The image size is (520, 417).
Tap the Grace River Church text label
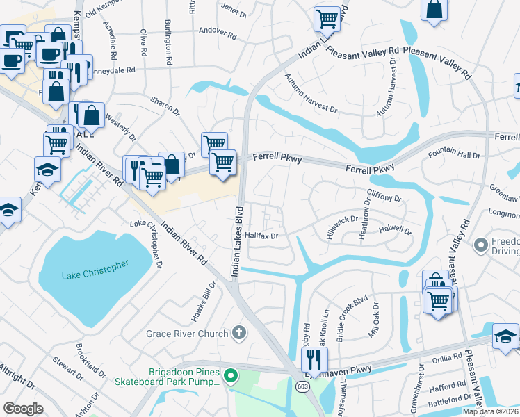pyautogui.click(x=187, y=334)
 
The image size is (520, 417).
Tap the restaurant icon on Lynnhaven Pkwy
pyautogui.click(x=314, y=359)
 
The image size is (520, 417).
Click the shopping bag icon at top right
pyautogui.click(x=434, y=10)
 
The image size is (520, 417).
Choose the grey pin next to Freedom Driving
pyautogui.click(x=480, y=245)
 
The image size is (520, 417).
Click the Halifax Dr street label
pyautogui.click(x=261, y=236)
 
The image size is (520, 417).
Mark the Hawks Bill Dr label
pyautogui.click(x=206, y=304)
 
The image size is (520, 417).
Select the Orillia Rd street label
pyautogui.click(x=446, y=357)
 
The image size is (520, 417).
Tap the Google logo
pyautogui.click(x=23, y=408)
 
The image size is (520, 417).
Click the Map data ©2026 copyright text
pyautogui.click(x=490, y=411)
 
